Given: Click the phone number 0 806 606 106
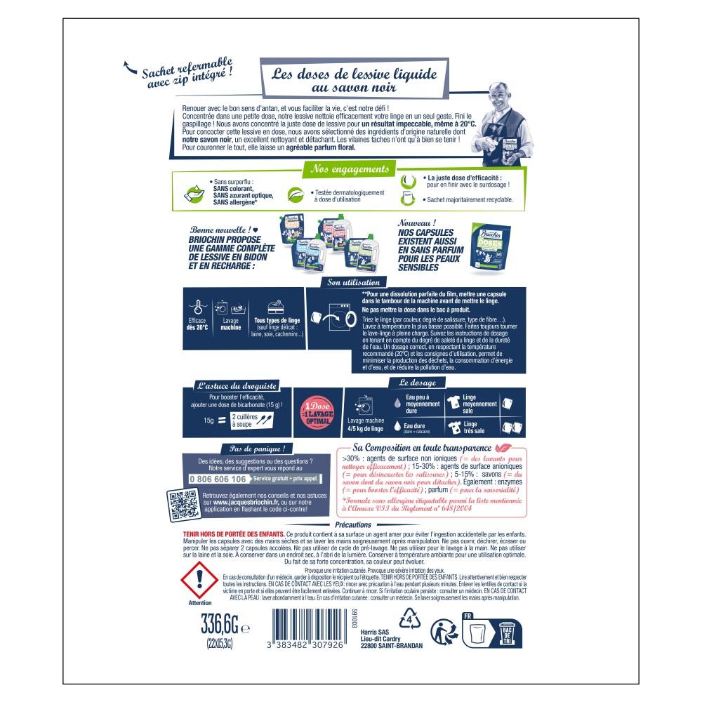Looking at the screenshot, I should [218, 479].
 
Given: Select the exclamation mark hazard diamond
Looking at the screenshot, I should [199, 578].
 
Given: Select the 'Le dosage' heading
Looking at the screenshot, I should [418, 383].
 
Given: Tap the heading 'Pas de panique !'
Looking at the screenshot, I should [257, 449].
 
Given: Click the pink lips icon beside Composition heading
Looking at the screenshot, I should [503, 447].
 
